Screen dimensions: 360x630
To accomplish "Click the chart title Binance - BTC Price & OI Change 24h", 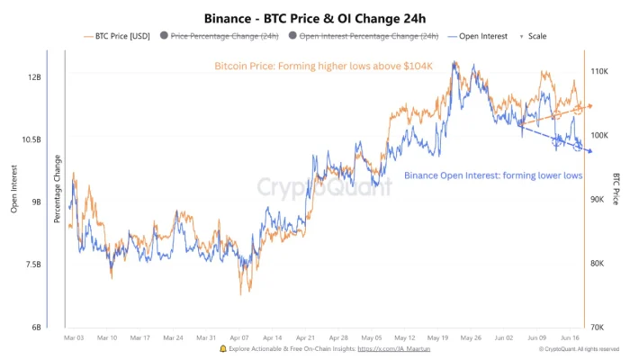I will (314, 16).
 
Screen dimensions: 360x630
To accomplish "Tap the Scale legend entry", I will (534, 36).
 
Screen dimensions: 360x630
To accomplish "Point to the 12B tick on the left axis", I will (34, 77).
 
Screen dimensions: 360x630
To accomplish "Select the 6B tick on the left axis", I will (36, 327).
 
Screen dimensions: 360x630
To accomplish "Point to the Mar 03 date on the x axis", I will (76, 337).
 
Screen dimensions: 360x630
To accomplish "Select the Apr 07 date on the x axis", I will (240, 337).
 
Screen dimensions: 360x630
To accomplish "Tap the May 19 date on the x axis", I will (438, 337).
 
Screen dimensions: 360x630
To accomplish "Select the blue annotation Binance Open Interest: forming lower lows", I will (492, 175).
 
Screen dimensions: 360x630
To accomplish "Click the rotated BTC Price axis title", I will (616, 189).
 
